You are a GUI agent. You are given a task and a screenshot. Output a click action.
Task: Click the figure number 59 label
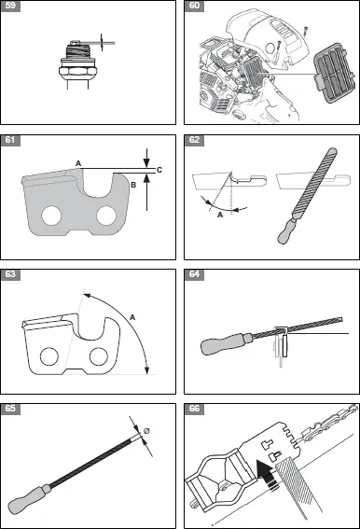coord(10,7)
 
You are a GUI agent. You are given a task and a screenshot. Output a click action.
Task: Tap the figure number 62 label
coord(194,140)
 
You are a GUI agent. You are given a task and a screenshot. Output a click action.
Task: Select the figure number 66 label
coord(194,409)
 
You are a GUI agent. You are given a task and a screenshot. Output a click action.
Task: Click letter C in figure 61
coord(159,170)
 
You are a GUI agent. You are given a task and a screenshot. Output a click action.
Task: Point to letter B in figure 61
coord(133,185)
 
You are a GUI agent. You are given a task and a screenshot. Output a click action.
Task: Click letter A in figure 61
coord(78,163)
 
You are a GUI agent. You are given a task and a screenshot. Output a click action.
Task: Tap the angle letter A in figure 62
coord(220,215)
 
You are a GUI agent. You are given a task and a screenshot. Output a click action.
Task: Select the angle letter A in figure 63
coord(132,317)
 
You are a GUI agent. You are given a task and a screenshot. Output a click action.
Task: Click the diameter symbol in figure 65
coord(146,431)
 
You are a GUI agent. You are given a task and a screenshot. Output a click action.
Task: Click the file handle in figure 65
coord(29,497)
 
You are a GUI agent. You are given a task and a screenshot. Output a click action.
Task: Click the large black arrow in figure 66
coord(268,473)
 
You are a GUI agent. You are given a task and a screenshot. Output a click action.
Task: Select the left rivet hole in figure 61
coord(51,216)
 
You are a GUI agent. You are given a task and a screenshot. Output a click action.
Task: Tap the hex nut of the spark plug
coord(78,72)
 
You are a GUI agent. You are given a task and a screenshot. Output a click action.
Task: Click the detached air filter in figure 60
coord(336,73)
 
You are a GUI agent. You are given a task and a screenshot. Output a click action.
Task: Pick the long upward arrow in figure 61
coord(146,192)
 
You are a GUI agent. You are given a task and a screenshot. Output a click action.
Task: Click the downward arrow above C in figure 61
coord(146,159)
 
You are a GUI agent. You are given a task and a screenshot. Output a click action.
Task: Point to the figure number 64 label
coord(194,274)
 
